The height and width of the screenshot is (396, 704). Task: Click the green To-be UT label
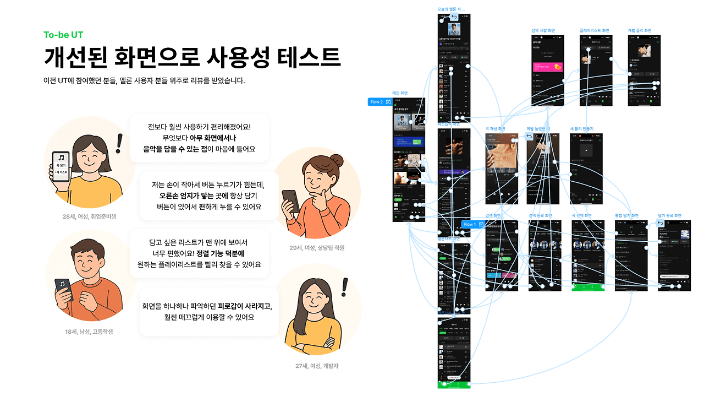(x=63, y=35)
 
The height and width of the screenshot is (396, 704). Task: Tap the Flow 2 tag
(x=380, y=102)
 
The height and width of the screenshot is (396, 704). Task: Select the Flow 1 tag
(x=472, y=225)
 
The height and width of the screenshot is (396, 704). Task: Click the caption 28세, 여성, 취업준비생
(x=89, y=216)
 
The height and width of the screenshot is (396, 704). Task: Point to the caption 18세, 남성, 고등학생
(x=89, y=332)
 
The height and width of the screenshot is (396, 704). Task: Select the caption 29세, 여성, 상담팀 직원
(x=317, y=248)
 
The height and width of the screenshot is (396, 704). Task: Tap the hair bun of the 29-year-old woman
(x=336, y=161)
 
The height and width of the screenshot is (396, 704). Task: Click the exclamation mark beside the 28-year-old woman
(x=119, y=143)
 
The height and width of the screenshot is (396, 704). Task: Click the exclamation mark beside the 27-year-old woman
(x=345, y=287)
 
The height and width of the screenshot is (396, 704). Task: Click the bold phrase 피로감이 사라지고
(x=244, y=306)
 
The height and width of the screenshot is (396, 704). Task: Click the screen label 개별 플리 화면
(x=640, y=31)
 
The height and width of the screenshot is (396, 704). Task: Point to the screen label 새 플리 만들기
(x=582, y=129)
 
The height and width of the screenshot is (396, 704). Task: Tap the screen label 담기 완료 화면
(x=669, y=215)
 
